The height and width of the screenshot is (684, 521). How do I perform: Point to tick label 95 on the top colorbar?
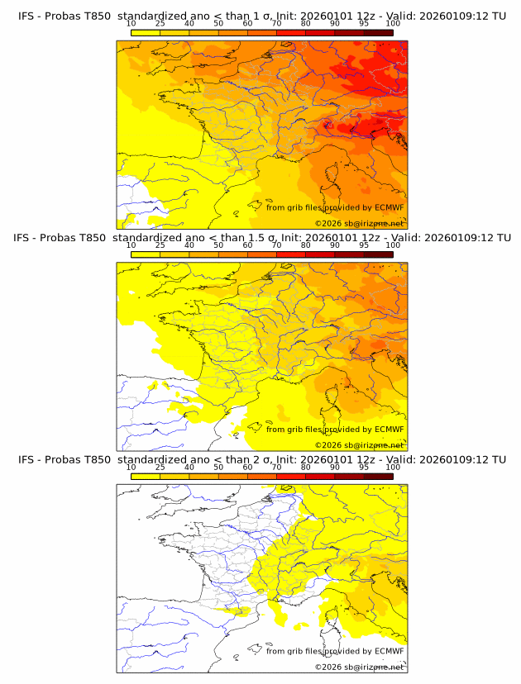pyautogui.click(x=364, y=24)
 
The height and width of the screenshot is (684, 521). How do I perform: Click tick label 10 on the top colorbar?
pyautogui.click(x=131, y=24)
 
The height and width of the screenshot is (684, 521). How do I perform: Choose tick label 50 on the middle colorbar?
pyautogui.click(x=218, y=245)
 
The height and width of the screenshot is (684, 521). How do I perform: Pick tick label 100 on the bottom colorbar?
pyautogui.click(x=393, y=467)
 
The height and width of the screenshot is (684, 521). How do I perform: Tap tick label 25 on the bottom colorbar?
pyautogui.click(x=160, y=467)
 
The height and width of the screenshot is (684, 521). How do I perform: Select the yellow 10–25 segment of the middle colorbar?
pyautogui.click(x=146, y=254)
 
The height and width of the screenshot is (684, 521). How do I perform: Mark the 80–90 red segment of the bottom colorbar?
pyautogui.click(x=320, y=476)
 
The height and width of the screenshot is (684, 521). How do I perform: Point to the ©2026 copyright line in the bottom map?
pyautogui.click(x=359, y=667)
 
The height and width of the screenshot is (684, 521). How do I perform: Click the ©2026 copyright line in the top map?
pyautogui.click(x=359, y=223)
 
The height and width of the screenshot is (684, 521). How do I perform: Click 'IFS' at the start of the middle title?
pyautogui.click(x=27, y=238)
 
